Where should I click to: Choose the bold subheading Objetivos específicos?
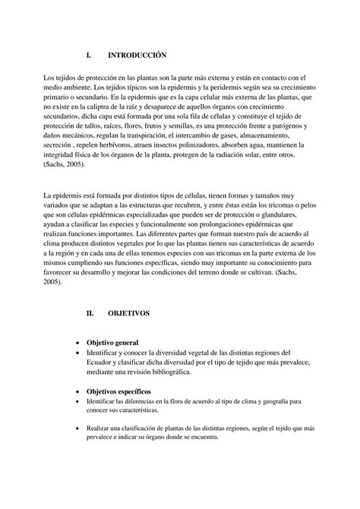(118, 390)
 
